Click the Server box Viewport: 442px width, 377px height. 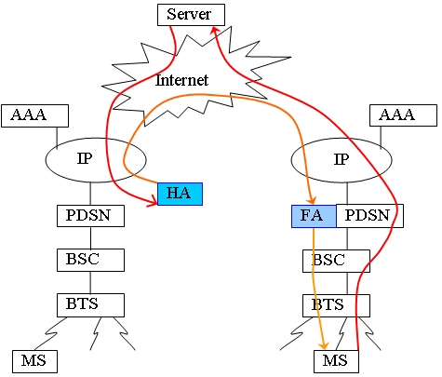(191, 15)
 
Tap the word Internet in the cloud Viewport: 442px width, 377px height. (181, 80)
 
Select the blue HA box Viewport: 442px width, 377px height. (180, 194)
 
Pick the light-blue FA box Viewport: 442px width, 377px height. (314, 216)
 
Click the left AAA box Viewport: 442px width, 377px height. (34, 115)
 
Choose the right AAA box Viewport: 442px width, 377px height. (403, 115)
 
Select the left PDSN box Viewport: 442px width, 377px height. (90, 216)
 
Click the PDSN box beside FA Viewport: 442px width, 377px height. (369, 216)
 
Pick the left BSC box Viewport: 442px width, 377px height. (90, 260)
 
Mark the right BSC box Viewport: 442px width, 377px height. (336, 262)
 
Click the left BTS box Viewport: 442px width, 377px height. (90, 305)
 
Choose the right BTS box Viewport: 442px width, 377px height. (336, 305)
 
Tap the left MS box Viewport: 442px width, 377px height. (34, 361)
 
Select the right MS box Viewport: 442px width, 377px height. (336, 361)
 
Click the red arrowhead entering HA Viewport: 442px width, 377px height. (153, 199)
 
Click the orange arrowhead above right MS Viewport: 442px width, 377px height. (324, 344)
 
